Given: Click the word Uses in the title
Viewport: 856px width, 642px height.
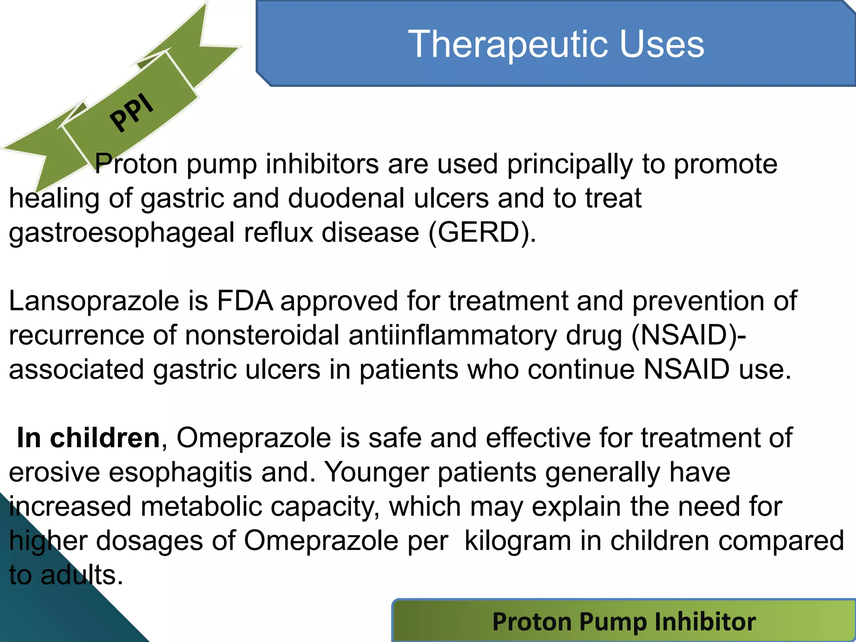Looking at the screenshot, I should (x=662, y=44).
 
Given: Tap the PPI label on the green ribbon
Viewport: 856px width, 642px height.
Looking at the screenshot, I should (x=132, y=112).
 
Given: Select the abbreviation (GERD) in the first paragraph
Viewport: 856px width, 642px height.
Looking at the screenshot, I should (x=482, y=232).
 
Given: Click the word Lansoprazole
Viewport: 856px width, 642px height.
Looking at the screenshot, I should (x=94, y=301).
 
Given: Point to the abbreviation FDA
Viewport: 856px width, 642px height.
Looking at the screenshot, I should (x=245, y=301).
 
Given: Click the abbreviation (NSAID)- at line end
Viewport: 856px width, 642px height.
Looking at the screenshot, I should (x=688, y=335).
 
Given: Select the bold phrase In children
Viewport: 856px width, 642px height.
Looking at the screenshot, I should (x=88, y=438).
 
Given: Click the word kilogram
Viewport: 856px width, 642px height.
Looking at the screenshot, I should (x=517, y=541).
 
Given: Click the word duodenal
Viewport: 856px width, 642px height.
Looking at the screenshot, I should (x=346, y=198).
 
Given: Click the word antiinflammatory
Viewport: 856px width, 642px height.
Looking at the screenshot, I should (x=453, y=336).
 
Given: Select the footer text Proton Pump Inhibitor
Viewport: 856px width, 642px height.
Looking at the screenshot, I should (x=624, y=622).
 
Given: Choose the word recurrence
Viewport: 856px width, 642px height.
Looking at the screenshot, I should (x=76, y=336).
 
